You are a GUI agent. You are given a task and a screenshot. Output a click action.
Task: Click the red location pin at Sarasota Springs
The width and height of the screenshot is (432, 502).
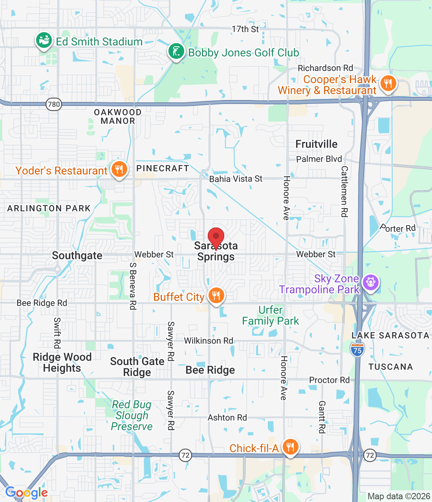[216, 238]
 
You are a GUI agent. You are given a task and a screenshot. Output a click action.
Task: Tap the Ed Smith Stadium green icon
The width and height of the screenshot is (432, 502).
[44, 40]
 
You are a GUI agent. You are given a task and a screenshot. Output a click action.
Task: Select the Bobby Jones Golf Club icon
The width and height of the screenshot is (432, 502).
[176, 51]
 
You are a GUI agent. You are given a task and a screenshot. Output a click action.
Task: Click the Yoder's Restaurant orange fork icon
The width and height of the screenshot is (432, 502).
[119, 169]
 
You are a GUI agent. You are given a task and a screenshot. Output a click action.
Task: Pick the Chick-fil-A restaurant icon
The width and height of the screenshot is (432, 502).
[290, 447]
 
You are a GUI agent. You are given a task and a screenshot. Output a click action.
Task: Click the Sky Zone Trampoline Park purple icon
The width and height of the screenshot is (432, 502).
[370, 282]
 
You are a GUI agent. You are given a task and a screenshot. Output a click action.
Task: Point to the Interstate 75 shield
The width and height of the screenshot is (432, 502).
[357, 349]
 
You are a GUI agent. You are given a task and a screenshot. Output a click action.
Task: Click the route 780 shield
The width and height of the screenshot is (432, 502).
[54, 104]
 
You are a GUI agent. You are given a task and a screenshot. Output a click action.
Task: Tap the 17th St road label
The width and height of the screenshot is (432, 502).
[245, 29]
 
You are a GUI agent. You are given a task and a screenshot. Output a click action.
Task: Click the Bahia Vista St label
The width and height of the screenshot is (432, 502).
[236, 179]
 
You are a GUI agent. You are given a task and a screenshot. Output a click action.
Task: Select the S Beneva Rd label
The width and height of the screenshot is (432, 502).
[133, 286]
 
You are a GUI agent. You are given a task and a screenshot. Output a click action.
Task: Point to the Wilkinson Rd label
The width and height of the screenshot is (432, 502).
[209, 341]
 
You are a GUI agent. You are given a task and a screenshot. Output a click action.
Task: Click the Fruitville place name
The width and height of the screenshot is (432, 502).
[316, 144]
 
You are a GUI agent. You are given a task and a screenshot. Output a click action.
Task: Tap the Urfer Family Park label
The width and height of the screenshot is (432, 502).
[270, 315]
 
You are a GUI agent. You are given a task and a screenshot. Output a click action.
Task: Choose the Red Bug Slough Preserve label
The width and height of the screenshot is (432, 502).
[132, 415]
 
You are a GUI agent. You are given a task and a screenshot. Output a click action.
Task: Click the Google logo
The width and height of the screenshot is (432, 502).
[27, 493]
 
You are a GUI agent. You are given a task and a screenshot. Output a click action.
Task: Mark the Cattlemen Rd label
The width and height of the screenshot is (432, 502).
[344, 191]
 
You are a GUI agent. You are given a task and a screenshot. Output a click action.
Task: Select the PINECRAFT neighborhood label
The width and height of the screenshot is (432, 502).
[163, 168]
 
